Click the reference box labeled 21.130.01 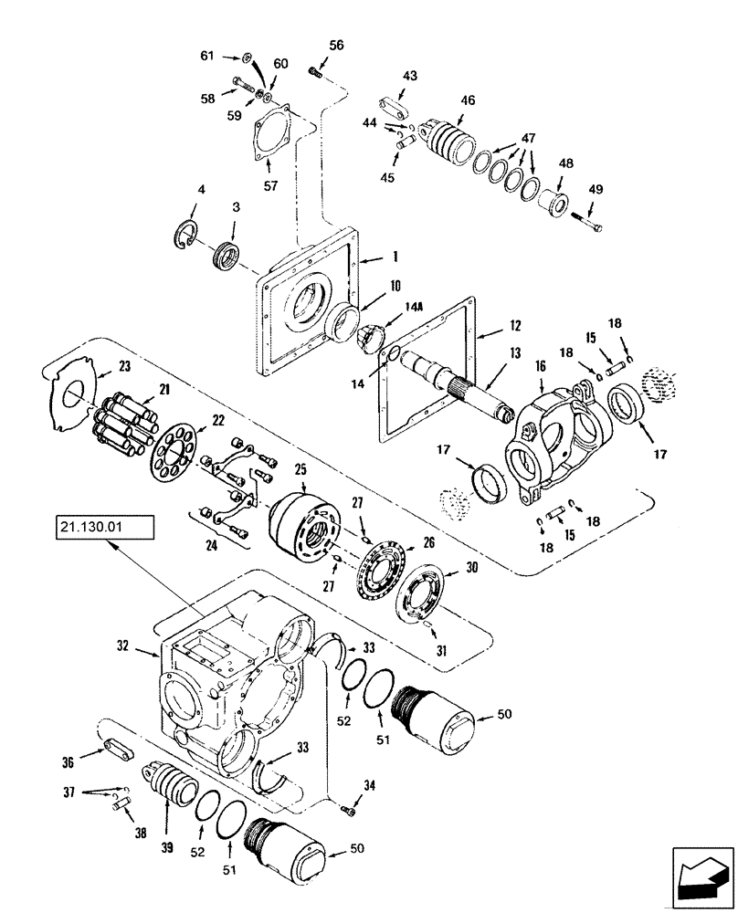(103, 528)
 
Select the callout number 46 (467, 101)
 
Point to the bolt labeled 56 (318, 70)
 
